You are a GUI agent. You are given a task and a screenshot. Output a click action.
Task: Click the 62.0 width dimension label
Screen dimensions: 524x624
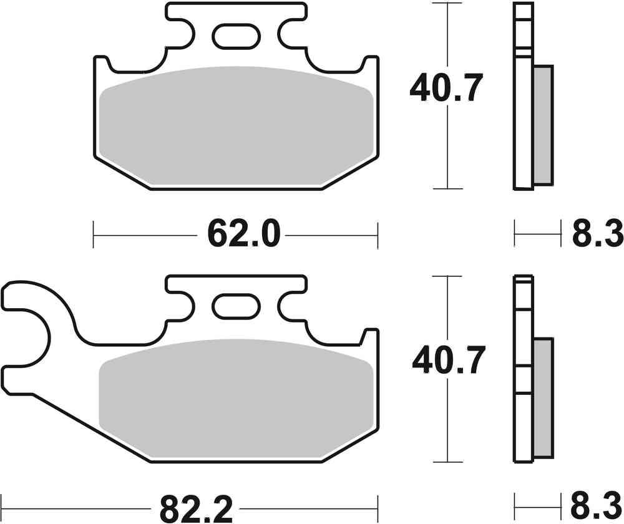236,235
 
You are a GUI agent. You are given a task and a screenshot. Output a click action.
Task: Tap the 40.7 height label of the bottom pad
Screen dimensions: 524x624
447,362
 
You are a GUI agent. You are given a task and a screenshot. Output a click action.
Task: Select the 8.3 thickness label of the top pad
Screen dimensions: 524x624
597,235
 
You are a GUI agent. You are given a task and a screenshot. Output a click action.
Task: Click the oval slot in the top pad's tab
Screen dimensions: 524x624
236,37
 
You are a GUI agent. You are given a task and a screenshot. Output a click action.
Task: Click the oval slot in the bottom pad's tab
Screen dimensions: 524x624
236,307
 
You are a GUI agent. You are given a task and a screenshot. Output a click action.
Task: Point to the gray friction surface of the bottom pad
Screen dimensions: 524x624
237,399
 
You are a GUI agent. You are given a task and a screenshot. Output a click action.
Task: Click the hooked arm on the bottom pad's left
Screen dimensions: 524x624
31,324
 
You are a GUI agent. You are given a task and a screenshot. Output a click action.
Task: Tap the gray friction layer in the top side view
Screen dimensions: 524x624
544,125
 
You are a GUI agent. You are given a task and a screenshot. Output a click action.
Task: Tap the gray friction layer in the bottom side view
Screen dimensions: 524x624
544,397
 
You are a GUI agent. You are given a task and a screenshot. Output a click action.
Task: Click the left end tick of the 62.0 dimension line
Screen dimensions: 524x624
93,235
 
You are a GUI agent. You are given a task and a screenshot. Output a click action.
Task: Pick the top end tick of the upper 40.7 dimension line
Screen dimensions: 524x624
447,4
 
